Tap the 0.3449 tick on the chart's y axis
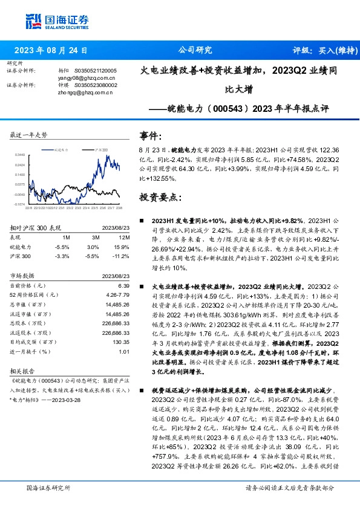click(20, 154)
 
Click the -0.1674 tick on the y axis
click(20, 204)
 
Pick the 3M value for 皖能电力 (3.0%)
click(93, 247)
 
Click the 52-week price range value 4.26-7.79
click(119, 294)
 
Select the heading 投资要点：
click(160, 198)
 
